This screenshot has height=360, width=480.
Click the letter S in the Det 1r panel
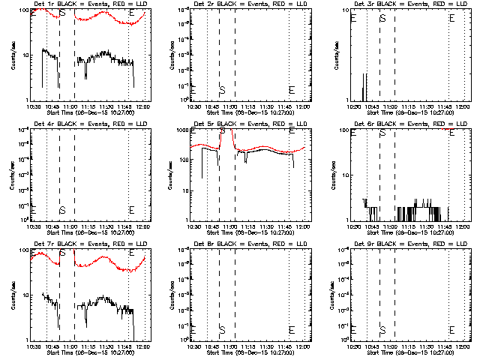(x=62, y=13)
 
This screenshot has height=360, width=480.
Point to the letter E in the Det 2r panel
(x=292, y=90)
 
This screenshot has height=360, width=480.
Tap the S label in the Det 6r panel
(x=382, y=133)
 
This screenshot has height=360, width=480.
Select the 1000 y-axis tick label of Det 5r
(x=180, y=130)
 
